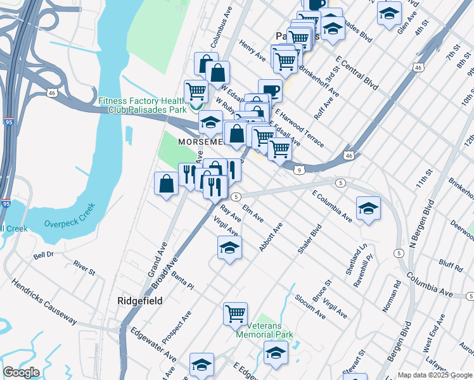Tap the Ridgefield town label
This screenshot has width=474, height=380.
[139, 300]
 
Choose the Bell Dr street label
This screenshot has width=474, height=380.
[46, 256]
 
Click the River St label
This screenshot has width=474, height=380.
[84, 268]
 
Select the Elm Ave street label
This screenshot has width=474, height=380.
[253, 213]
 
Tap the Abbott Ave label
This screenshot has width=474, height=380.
[271, 237]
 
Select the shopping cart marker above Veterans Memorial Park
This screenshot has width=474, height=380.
[235, 313]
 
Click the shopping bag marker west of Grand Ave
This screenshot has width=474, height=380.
[167, 184]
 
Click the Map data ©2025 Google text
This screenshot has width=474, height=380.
[435, 374]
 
